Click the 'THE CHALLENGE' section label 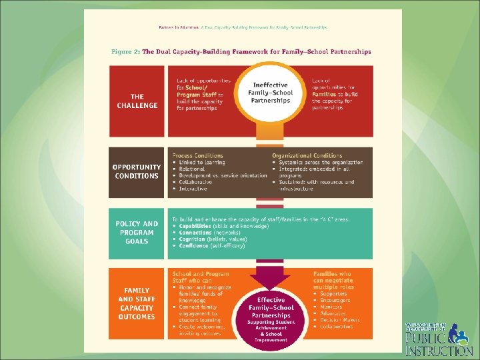click(x=136, y=101)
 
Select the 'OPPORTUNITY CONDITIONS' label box click(x=136, y=171)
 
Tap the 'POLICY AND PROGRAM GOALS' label click(x=136, y=233)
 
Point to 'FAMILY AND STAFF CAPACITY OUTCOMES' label click(x=136, y=303)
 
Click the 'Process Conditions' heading click(x=198, y=155)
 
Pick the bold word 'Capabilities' click(x=197, y=226)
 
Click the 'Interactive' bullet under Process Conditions click(x=194, y=189)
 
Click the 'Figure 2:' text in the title click(x=126, y=51)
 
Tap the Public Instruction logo click(x=438, y=338)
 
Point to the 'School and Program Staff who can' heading click(x=201, y=277)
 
